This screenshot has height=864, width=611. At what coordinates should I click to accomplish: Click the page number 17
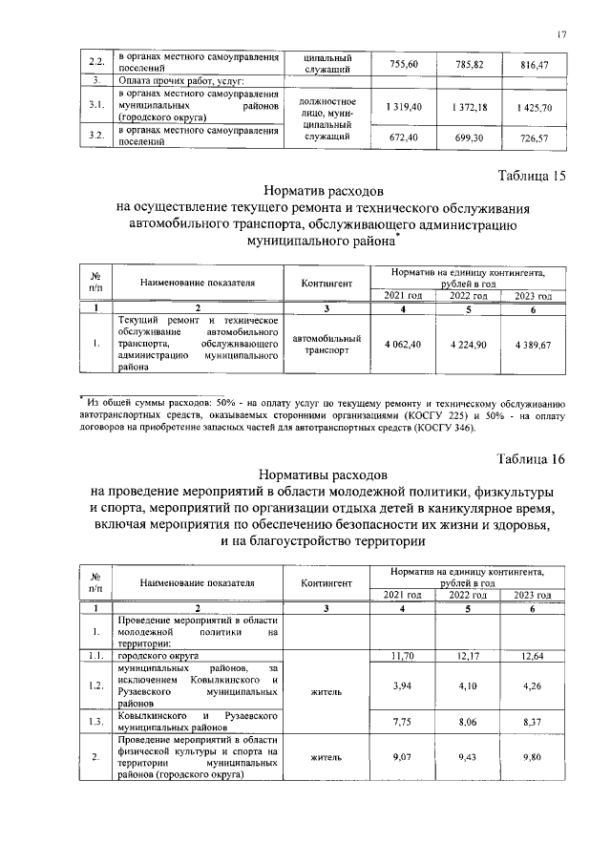(x=561, y=35)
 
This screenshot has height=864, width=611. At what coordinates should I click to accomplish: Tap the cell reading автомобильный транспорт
(x=327, y=344)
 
